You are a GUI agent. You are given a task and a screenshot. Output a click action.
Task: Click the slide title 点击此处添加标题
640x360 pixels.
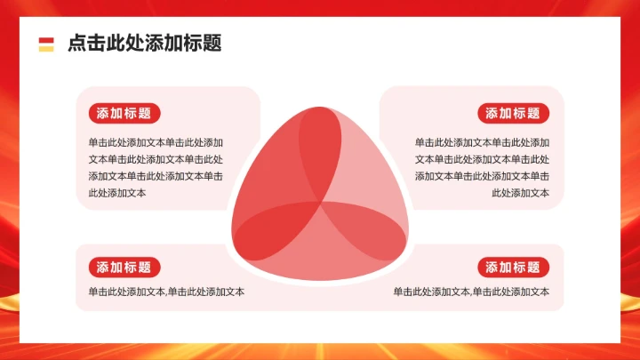tap(144, 44)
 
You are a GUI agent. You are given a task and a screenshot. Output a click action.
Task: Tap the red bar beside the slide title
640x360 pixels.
tap(46, 39)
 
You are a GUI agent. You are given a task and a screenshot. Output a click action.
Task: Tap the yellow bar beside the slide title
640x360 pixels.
tap(46, 48)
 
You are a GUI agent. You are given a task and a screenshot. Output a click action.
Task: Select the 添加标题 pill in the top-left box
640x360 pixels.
tap(124, 113)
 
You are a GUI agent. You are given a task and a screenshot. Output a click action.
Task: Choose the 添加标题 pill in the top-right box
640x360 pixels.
tap(514, 113)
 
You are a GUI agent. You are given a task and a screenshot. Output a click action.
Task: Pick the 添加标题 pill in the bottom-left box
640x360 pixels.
tap(124, 267)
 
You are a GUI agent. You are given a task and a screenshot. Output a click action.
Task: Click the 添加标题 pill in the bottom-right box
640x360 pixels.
tap(514, 267)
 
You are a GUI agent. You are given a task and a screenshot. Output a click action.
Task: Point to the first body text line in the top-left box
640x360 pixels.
tap(156, 142)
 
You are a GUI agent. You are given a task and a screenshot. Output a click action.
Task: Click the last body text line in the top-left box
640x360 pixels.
tap(117, 193)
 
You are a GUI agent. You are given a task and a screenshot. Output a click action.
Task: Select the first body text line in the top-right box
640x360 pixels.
tap(482, 142)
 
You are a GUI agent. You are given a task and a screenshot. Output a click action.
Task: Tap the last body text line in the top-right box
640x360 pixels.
tap(520, 193)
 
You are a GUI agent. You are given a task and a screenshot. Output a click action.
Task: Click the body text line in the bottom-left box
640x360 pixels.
tap(166, 292)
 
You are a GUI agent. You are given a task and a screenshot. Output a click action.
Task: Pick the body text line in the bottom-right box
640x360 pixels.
tap(471, 292)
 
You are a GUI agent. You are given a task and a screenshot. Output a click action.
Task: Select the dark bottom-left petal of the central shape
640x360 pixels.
tap(271, 227)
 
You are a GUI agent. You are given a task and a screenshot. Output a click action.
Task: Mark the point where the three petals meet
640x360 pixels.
tap(320, 203)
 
